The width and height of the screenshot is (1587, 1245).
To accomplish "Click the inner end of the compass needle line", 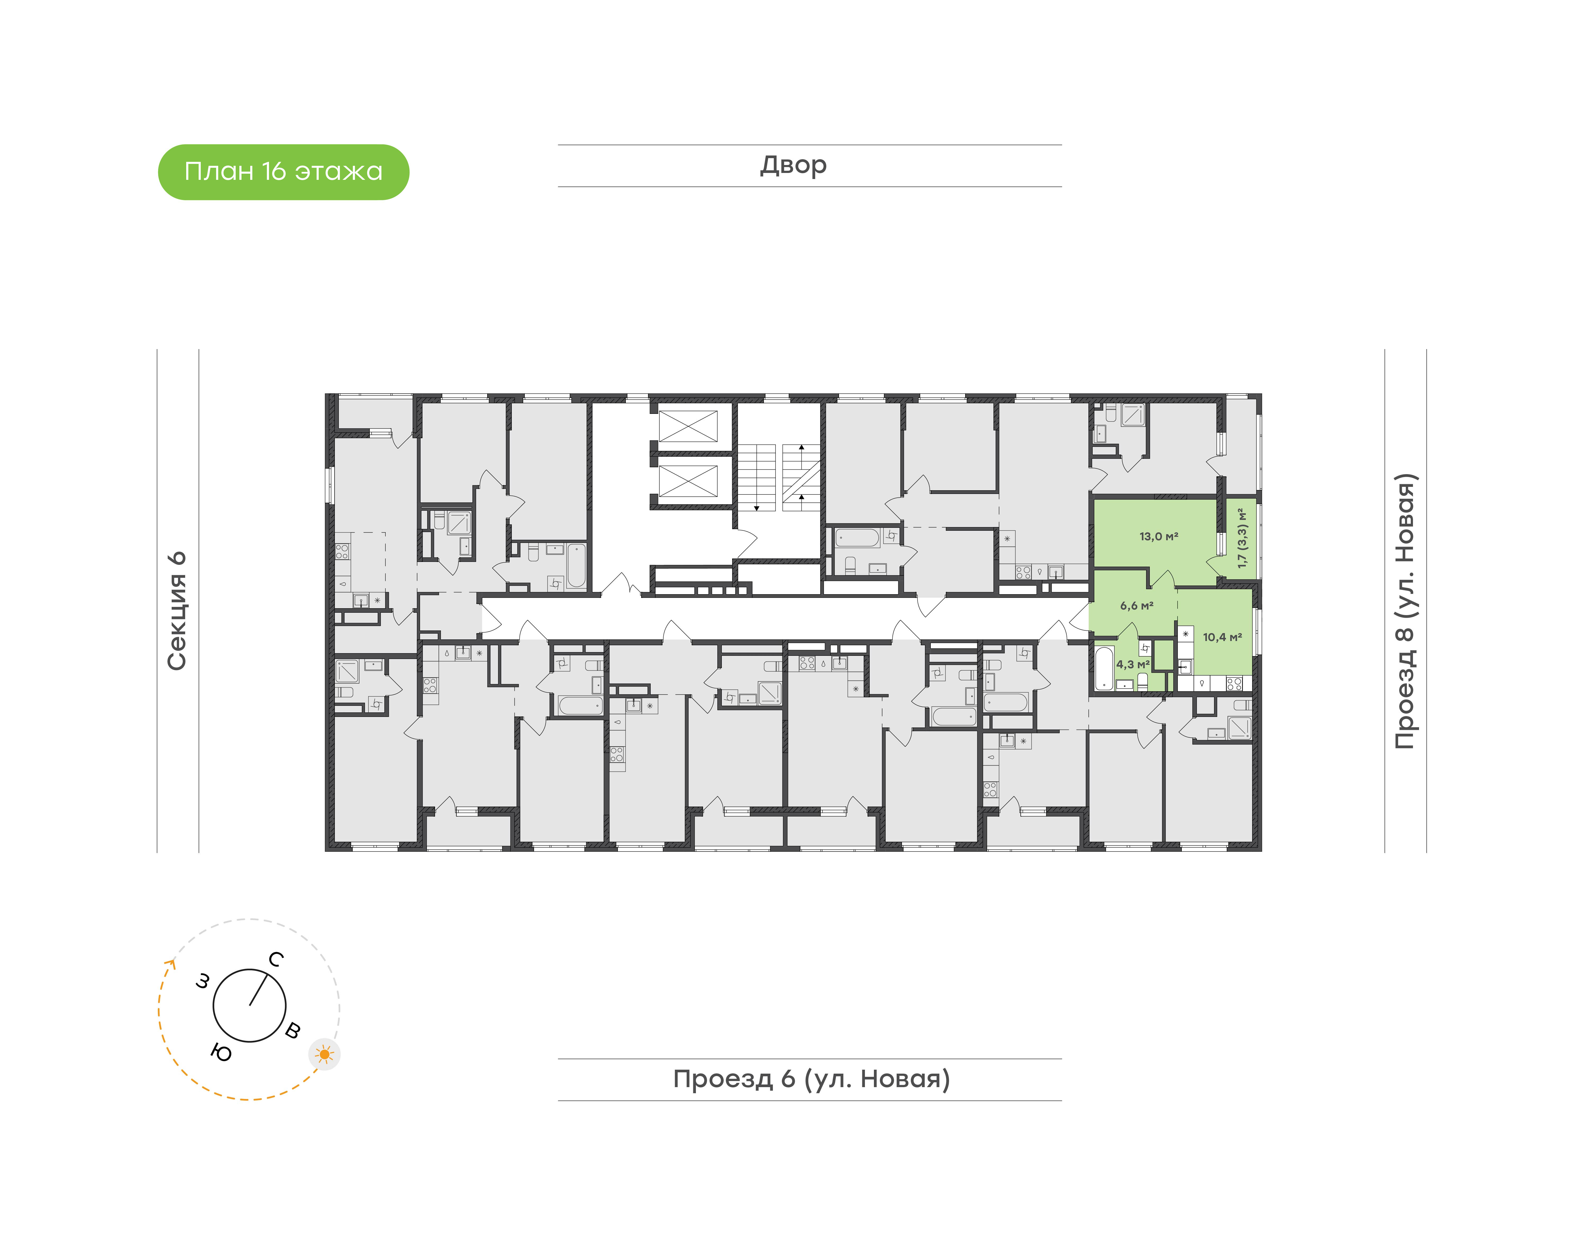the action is pos(250,1006).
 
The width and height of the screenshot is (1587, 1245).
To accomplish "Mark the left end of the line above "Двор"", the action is pos(558,145).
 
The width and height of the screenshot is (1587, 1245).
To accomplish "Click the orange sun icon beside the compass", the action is pos(324,1054).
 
